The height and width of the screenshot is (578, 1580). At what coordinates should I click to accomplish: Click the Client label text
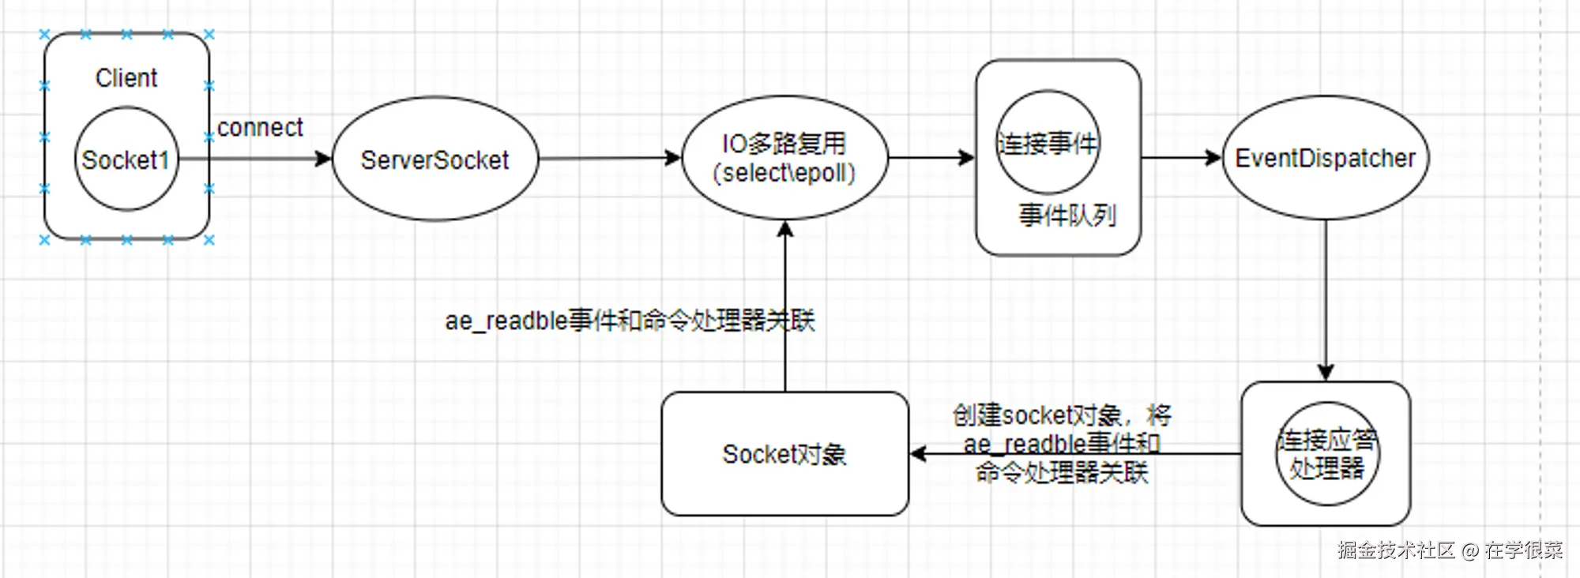pos(126,78)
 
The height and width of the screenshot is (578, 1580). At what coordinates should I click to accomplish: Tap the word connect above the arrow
pos(260,128)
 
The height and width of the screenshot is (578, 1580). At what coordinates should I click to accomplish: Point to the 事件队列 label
pos(1066,215)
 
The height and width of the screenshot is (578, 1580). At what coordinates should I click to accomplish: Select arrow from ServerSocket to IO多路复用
pos(608,158)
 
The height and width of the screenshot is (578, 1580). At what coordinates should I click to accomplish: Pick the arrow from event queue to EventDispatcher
pos(1181,157)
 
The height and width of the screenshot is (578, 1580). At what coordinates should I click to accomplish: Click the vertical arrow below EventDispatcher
pos(1326,300)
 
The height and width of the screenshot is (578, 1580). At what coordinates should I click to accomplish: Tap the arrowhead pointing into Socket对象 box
pos(918,454)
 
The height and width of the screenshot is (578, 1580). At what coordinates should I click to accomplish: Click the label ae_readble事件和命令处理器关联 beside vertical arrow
pos(630,321)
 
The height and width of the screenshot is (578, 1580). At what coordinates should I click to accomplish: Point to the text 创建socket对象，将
pos(1062,415)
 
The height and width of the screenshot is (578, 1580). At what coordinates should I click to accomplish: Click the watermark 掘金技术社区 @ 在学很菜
pos(1450,550)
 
